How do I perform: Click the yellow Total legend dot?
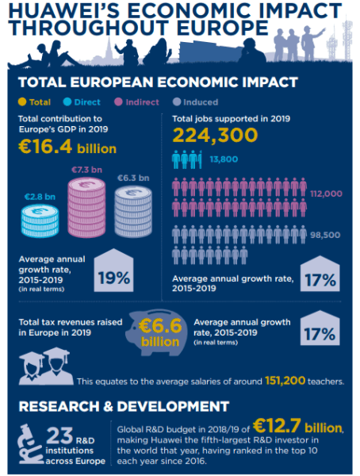click(22, 102)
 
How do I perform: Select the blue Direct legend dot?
click(67, 102)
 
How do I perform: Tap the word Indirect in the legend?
click(143, 102)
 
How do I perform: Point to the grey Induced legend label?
click(201, 102)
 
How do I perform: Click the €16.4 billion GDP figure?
click(67, 147)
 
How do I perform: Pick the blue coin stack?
click(40, 221)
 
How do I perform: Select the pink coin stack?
click(86, 207)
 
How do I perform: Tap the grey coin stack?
click(133, 211)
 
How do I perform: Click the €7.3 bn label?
click(86, 170)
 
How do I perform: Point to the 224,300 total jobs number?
click(215, 135)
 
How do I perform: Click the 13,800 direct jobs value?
click(224, 159)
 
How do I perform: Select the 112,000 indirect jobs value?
click(326, 194)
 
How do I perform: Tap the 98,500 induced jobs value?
click(325, 235)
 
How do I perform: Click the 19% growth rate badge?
click(113, 271)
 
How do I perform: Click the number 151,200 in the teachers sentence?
click(285, 380)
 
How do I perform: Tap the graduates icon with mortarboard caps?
click(46, 366)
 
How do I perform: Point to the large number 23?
click(59, 436)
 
